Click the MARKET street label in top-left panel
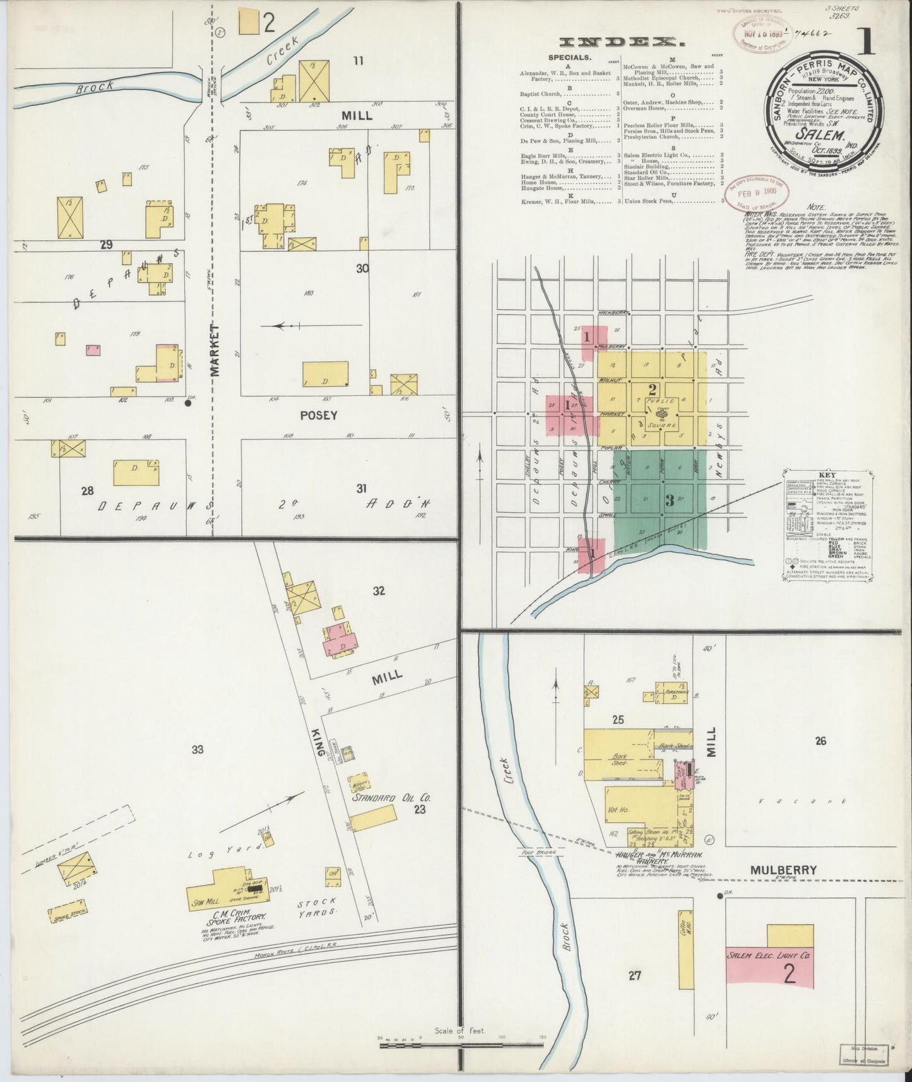click(x=215, y=350)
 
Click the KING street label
click(x=320, y=744)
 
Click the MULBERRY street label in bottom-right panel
click(x=783, y=871)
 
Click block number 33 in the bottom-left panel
click(x=198, y=749)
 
